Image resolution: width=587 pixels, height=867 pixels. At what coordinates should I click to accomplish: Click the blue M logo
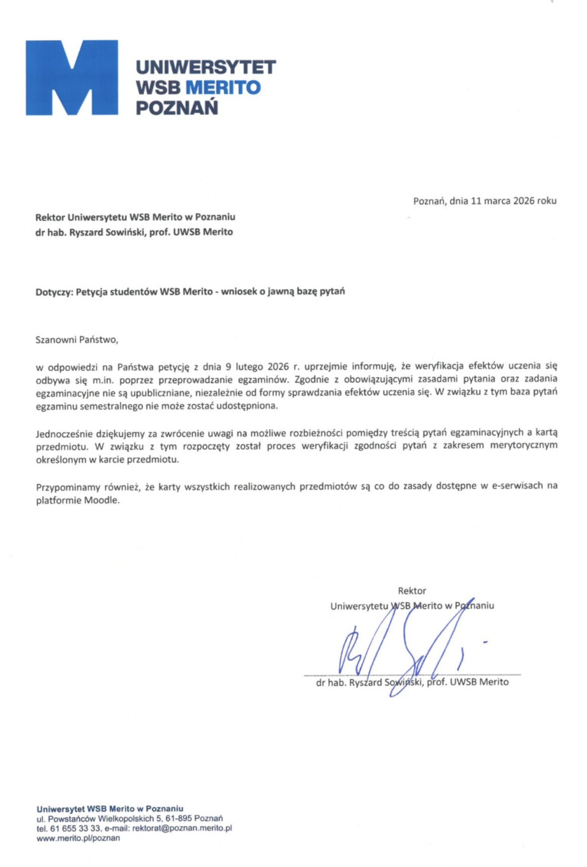(71, 78)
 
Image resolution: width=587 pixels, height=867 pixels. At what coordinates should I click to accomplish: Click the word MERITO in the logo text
(223, 87)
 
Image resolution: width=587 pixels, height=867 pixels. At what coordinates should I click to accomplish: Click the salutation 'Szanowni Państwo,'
(77, 339)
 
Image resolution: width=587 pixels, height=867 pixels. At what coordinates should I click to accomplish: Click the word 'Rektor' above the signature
(412, 591)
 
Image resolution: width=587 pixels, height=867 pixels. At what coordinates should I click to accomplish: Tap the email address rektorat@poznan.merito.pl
(182, 828)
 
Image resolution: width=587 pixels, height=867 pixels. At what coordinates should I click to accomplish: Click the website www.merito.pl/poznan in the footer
(78, 838)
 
